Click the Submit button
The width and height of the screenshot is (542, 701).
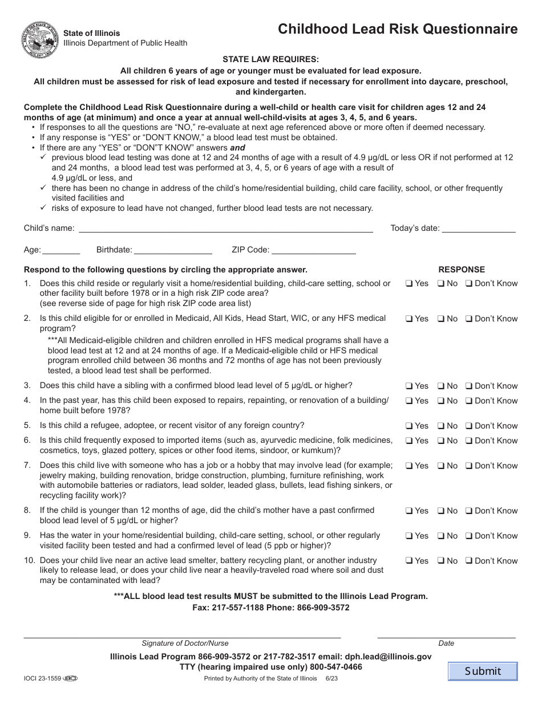tap(483, 671)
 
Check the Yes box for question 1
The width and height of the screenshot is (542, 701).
tap(409, 284)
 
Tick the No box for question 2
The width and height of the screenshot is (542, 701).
tap(441, 319)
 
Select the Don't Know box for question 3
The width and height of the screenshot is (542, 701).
tap(468, 386)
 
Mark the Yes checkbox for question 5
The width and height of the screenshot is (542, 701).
tap(409, 426)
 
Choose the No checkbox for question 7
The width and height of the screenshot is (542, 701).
tap(441, 466)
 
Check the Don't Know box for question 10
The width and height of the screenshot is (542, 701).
tap(468, 561)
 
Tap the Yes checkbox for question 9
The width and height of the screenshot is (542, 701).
tap(409, 536)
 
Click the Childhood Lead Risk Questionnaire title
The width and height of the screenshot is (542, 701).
tap(398, 30)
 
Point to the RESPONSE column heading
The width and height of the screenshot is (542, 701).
tap(461, 270)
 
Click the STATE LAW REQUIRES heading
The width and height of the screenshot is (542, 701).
tap(270, 59)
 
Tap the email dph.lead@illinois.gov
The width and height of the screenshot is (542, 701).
tap(387, 657)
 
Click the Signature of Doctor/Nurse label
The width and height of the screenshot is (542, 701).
tap(185, 643)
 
